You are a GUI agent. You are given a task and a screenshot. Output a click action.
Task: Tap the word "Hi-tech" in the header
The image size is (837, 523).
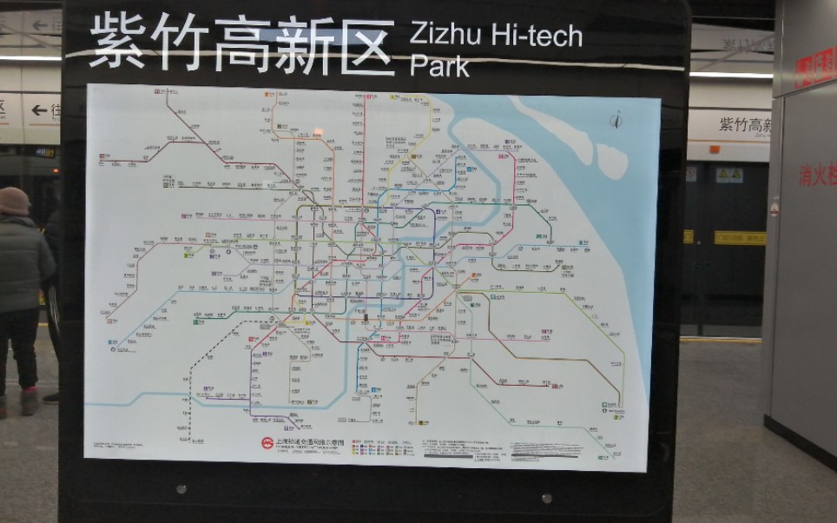(537, 36)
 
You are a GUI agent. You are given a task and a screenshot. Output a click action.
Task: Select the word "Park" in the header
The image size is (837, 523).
(439, 66)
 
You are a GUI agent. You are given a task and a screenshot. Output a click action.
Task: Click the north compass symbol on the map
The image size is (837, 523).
(616, 120)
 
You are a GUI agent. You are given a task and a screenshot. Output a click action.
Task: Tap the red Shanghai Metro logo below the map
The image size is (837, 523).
(267, 443)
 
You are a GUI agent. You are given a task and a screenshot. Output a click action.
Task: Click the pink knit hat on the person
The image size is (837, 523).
(13, 201)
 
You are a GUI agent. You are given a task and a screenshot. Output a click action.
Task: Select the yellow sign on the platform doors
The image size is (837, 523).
(739, 237)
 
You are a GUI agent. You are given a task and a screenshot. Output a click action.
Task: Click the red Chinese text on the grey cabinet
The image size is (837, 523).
(817, 175)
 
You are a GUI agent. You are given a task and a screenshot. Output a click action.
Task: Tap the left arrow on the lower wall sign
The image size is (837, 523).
(38, 110)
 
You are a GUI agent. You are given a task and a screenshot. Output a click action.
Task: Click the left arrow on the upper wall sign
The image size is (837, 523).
(40, 25)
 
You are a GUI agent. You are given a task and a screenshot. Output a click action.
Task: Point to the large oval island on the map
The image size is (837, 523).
(611, 161)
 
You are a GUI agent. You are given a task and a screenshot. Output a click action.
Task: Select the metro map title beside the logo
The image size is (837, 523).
(309, 442)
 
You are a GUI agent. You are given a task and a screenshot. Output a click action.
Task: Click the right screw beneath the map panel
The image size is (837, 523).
(546, 499)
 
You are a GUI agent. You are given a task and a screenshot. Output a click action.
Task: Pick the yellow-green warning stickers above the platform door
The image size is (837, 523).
(728, 175)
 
